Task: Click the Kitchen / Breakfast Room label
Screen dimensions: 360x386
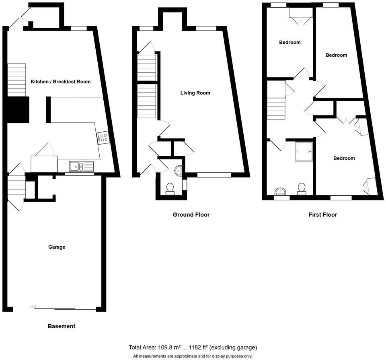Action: [x=61, y=82]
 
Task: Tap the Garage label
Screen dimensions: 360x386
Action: [x=57, y=247]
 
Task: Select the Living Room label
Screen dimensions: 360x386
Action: [x=195, y=93]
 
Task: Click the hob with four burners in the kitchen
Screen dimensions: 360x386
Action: [x=103, y=138]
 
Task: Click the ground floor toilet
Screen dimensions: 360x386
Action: [x=170, y=188]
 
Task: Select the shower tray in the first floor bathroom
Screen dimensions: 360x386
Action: [x=304, y=151]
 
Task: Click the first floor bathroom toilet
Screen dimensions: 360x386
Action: [x=302, y=188]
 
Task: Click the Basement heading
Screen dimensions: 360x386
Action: [x=62, y=326]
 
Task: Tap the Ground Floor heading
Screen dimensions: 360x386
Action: [x=191, y=215]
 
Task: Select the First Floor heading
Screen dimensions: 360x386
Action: [x=322, y=215]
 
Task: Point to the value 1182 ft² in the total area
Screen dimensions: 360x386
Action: [x=193, y=348]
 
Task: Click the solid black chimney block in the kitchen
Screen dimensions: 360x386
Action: [x=17, y=109]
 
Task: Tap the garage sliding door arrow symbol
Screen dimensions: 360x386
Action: [x=33, y=307]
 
